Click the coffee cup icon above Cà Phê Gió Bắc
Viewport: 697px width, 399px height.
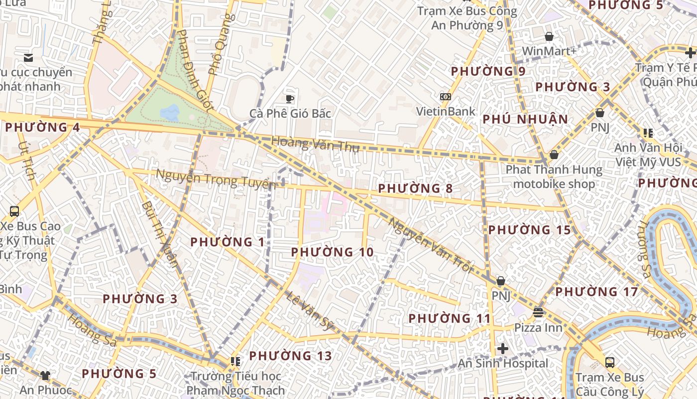[290, 98]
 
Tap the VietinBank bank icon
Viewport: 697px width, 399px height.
[445, 96]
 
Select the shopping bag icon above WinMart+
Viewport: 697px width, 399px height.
[549, 36]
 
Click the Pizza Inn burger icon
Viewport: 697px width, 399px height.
[538, 313]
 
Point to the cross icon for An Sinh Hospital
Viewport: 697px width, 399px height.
[503, 349]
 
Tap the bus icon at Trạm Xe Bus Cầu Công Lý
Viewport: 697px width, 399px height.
[609, 362]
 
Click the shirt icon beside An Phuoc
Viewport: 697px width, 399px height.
[45, 375]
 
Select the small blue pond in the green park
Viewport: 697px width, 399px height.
[170, 113]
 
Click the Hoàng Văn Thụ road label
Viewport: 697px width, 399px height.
[315, 145]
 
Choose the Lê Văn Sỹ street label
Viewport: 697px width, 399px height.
[309, 311]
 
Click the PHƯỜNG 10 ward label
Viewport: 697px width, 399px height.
[332, 252]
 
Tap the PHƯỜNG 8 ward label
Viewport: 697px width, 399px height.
[415, 189]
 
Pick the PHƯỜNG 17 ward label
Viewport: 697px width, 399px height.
[596, 292]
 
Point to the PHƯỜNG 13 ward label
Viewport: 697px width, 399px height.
[290, 356]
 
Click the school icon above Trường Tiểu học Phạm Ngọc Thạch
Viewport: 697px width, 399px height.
[235, 361]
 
